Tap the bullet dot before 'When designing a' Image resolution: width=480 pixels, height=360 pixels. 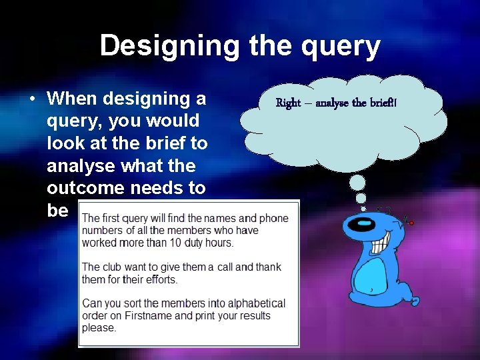pos(32,99)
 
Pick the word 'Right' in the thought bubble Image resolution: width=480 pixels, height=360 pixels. pos(288,103)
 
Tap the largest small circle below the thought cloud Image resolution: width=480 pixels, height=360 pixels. pos(358,182)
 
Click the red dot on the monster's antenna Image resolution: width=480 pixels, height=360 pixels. pos(411,223)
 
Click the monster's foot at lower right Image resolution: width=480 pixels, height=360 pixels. pos(414,301)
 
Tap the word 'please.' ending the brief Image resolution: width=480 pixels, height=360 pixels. pos(99,327)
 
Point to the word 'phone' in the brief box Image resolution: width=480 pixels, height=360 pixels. pos(274,219)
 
